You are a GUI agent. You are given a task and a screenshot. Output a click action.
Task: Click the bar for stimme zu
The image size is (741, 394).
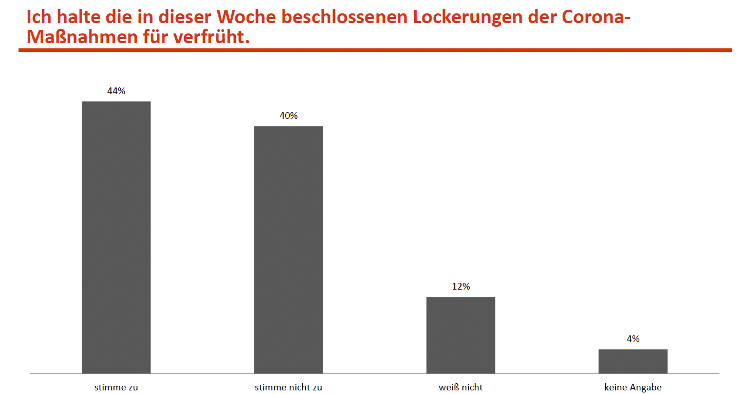pyautogui.click(x=116, y=237)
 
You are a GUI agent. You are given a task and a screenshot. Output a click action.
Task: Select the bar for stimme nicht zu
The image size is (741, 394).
pyautogui.click(x=288, y=249)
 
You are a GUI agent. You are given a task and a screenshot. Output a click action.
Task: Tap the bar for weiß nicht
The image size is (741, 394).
pyautogui.click(x=460, y=335)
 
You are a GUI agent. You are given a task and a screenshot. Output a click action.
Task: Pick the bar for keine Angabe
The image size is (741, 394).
pyautogui.click(x=633, y=361)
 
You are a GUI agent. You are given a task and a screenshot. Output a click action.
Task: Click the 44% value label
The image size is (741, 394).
pyautogui.click(x=116, y=91)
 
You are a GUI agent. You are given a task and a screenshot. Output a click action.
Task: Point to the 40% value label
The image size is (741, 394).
pyautogui.click(x=288, y=116)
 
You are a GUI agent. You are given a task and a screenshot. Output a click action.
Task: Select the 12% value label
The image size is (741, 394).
pyautogui.click(x=461, y=286)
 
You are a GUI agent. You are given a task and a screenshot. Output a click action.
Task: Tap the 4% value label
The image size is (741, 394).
pyautogui.click(x=633, y=339)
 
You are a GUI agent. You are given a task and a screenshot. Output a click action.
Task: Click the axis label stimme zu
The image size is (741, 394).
pyautogui.click(x=116, y=387)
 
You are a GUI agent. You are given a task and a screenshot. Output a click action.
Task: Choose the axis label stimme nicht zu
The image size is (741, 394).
pyautogui.click(x=288, y=387)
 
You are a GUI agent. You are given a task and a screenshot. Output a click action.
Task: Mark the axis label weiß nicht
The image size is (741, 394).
pyautogui.click(x=461, y=387)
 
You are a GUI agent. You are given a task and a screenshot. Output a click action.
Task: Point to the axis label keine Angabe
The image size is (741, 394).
pyautogui.click(x=633, y=387)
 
